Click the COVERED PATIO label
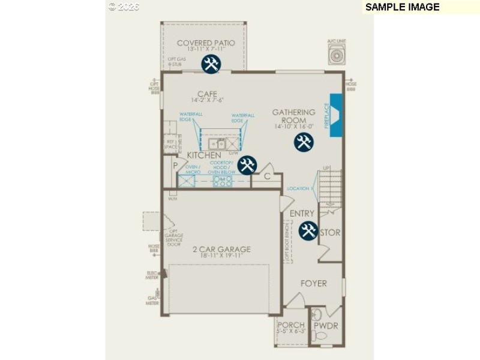pyautogui.click(x=206, y=43)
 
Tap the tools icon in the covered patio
pyautogui.click(x=211, y=64)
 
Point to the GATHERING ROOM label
pyautogui.click(x=293, y=116)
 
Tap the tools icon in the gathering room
pyautogui.click(x=304, y=142)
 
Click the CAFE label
pyautogui.click(x=206, y=94)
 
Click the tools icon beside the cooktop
pyautogui.click(x=247, y=165)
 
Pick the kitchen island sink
pyautogui.click(x=217, y=144)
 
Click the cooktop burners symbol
pyautogui.click(x=222, y=181)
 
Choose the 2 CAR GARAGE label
pyautogui.click(x=221, y=250)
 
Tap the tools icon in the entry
pyautogui.click(x=308, y=230)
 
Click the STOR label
pyautogui.click(x=331, y=233)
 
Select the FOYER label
pyautogui.click(x=314, y=283)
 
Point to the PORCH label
pyautogui.click(x=291, y=325)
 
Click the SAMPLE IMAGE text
pyautogui.click(x=402, y=7)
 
